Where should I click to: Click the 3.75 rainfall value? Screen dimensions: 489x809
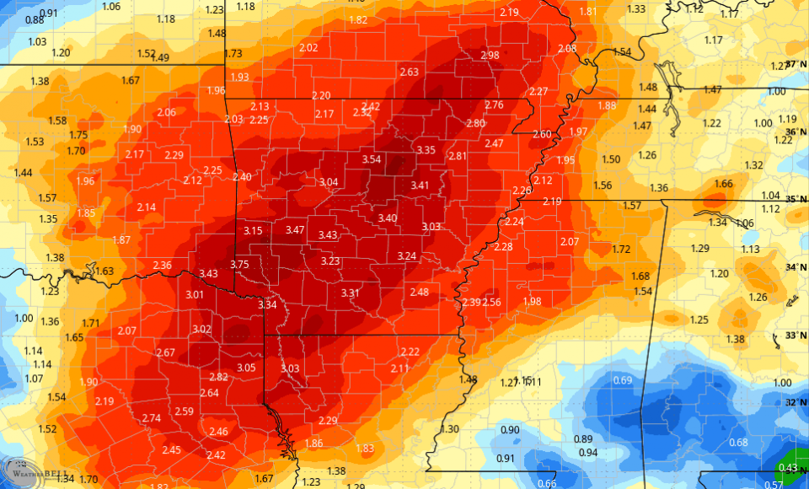240,265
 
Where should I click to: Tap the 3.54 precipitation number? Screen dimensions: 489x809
372,159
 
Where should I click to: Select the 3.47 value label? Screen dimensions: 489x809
295,230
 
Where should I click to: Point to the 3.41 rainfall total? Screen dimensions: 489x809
420,185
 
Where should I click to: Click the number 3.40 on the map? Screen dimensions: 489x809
387,218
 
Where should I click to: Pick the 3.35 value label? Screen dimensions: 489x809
426,150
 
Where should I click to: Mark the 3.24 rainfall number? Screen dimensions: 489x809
407,256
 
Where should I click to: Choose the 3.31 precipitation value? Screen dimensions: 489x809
351,293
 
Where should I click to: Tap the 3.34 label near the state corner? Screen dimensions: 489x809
268,304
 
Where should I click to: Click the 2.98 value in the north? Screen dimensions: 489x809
489,56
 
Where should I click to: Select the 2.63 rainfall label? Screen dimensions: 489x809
409,73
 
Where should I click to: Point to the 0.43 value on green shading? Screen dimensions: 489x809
788,468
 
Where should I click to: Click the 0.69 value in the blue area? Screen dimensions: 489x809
622,380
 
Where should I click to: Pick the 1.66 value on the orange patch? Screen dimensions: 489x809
723,184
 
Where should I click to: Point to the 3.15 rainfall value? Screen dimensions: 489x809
253,231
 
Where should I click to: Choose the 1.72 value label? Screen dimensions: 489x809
621,249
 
